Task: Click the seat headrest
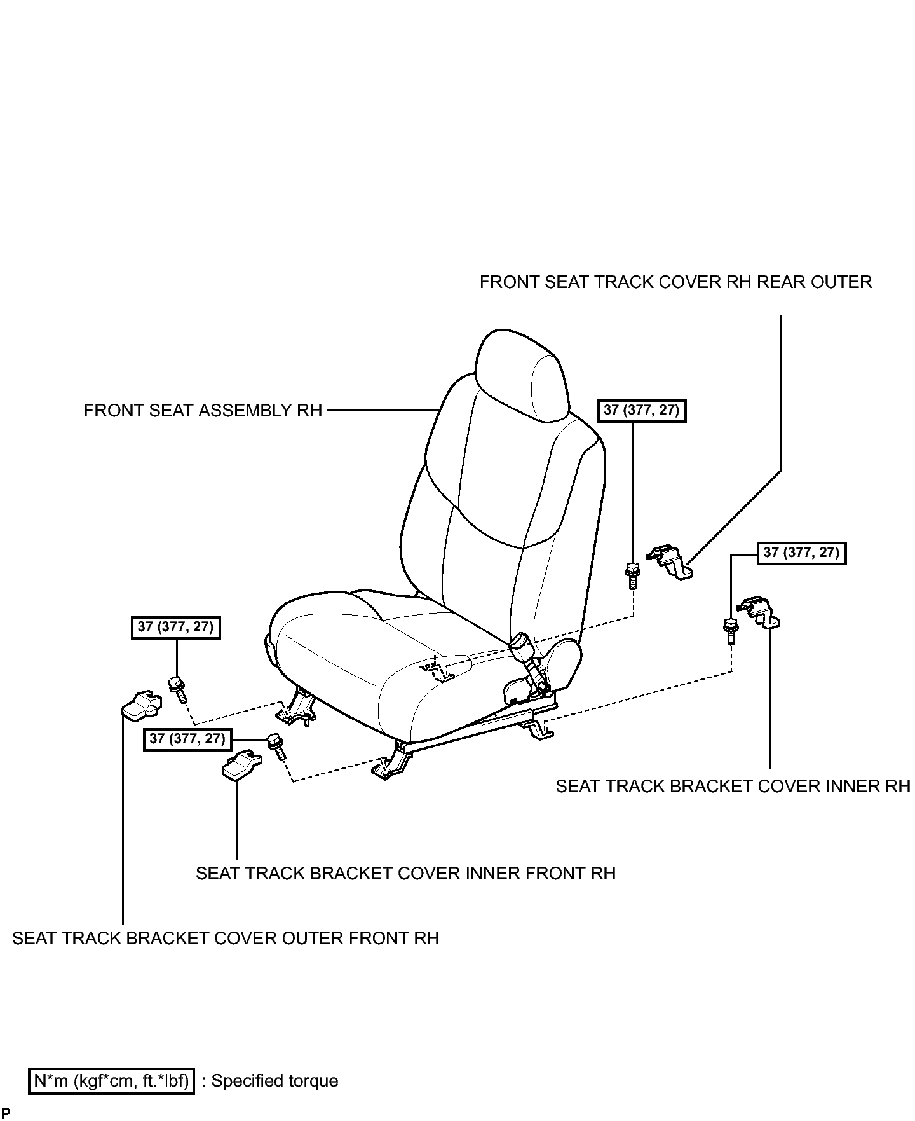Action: (521, 375)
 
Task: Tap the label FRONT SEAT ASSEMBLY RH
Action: (203, 411)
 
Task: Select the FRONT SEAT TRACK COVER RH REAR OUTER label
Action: (675, 282)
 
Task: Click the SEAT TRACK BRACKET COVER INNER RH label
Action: (733, 787)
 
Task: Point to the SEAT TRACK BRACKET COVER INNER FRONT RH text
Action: (406, 874)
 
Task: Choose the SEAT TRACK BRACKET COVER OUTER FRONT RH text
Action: (226, 939)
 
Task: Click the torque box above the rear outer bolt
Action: (642, 411)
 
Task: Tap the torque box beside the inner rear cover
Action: (802, 553)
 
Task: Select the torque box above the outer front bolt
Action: (175, 628)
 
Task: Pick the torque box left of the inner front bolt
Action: (187, 739)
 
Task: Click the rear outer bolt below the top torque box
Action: (633, 575)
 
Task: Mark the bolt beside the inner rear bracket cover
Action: (731, 631)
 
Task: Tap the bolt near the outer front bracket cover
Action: (177, 690)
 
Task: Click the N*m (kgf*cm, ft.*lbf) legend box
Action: (111, 1082)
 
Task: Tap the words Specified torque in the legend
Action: (274, 1082)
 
